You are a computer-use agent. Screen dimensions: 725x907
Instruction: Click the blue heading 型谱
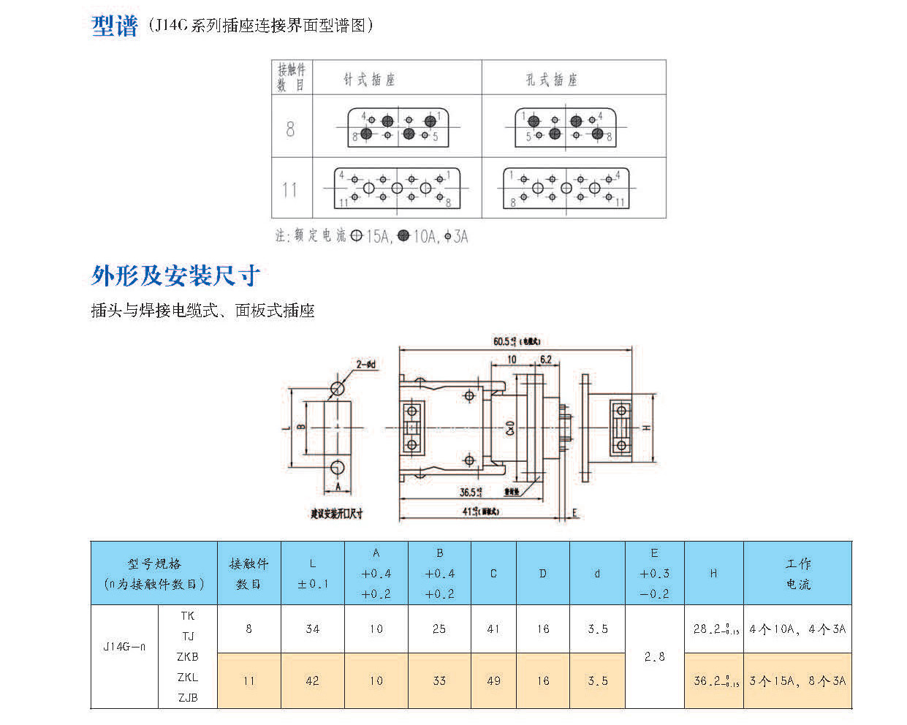point(114,26)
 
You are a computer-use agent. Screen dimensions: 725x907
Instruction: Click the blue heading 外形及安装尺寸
point(175,276)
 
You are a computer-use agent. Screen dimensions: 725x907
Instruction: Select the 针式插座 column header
point(369,79)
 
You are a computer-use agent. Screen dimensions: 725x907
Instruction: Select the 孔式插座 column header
point(551,80)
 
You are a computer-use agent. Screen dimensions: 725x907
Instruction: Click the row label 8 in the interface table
point(290,129)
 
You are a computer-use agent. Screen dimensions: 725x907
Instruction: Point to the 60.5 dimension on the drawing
point(505,341)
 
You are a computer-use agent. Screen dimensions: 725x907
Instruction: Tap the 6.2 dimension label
point(545,360)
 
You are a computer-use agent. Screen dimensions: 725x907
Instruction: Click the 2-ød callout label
point(366,364)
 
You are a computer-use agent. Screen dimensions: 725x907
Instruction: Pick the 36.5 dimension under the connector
point(469,492)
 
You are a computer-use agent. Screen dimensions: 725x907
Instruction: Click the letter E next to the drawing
point(575,513)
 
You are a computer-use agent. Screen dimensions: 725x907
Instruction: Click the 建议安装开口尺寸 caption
point(336,514)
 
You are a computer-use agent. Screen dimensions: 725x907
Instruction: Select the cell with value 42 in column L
point(312,680)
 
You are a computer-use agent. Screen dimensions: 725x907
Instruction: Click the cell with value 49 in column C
point(493,680)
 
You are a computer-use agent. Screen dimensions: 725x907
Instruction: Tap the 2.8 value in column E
point(654,656)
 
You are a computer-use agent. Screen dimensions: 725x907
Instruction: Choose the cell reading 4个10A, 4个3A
point(797,629)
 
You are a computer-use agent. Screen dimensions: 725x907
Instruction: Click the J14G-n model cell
point(124,647)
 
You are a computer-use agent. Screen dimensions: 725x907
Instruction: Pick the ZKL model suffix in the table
point(188,677)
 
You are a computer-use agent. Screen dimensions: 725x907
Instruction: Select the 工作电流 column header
point(797,574)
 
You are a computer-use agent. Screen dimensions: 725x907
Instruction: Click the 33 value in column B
point(439,680)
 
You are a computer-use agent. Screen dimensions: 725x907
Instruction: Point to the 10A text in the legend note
point(424,236)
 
